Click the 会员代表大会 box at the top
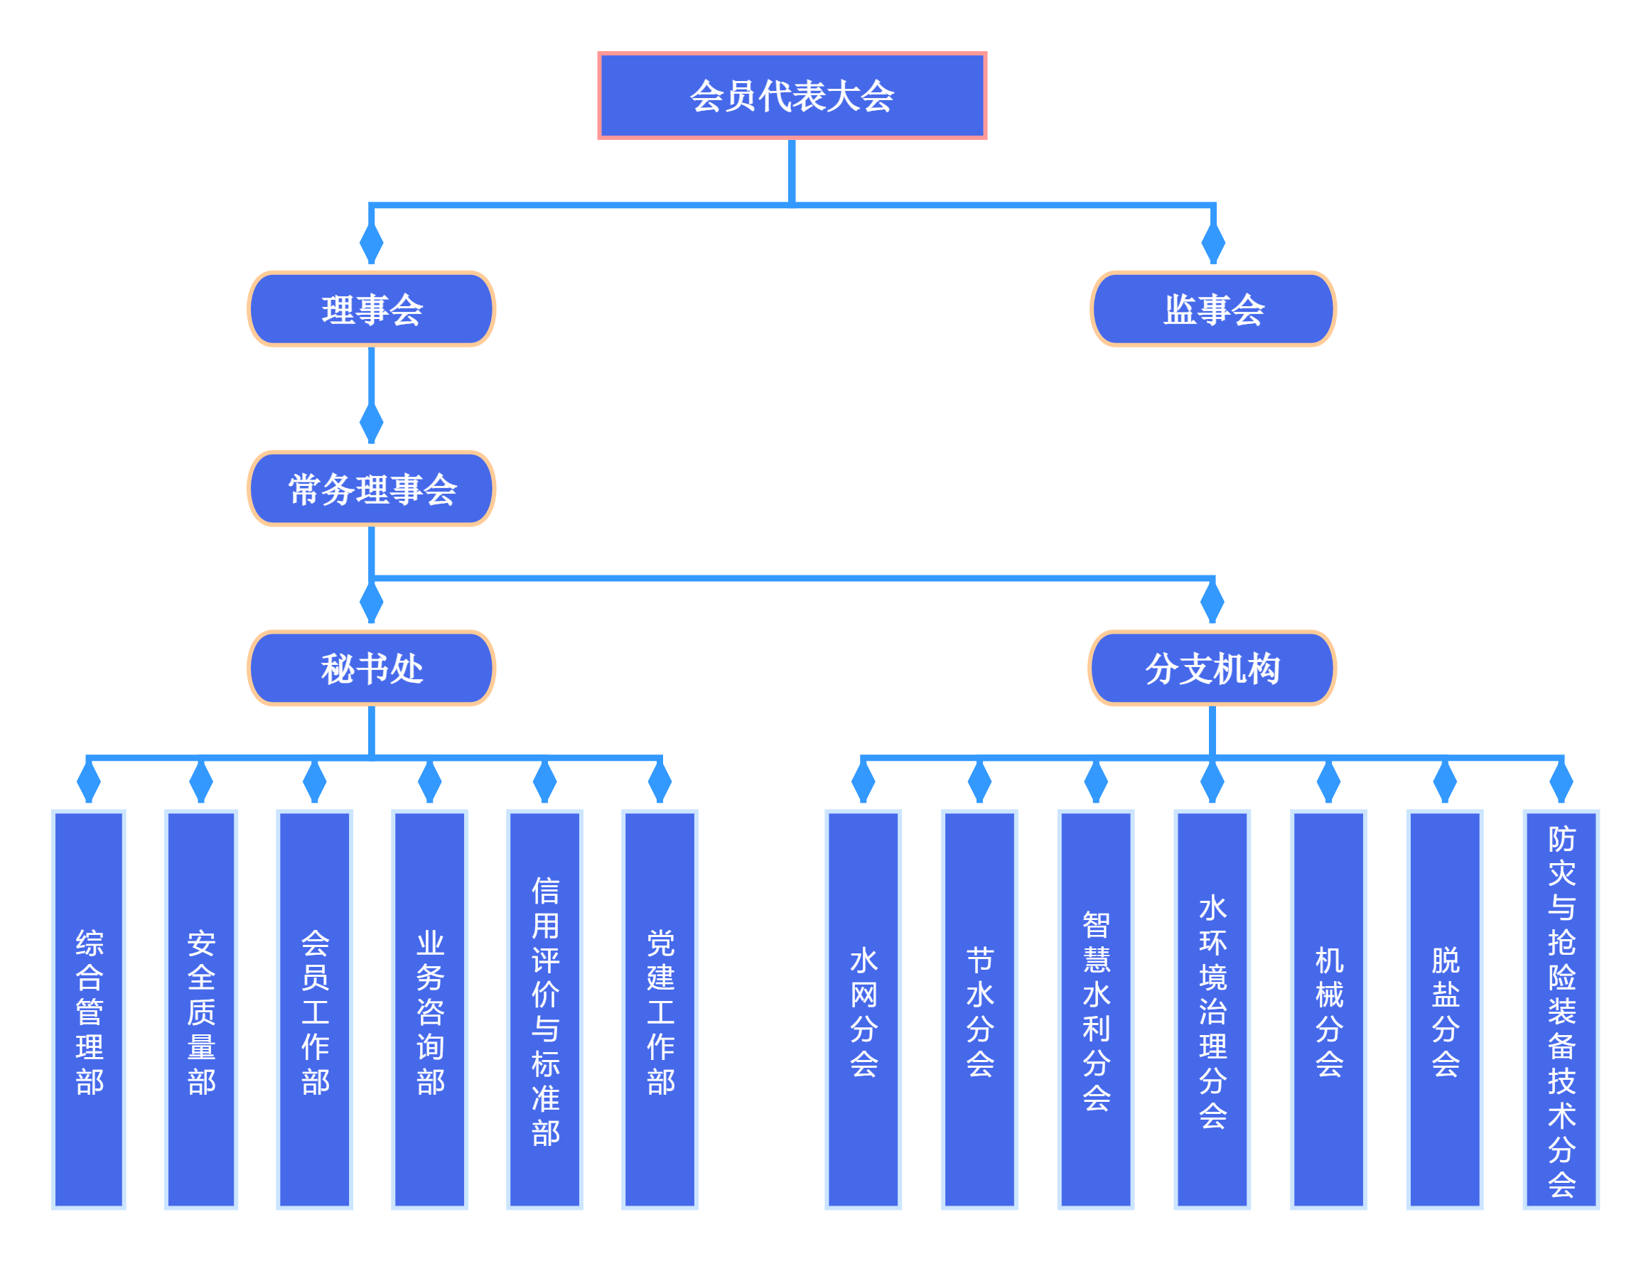(791, 95)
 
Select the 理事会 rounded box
(371, 308)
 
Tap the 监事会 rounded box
(1212, 308)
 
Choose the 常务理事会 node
(371, 488)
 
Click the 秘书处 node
(371, 667)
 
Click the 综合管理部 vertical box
(89, 1010)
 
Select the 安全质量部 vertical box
(201, 1010)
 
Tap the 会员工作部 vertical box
(315, 1010)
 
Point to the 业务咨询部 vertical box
(429, 1010)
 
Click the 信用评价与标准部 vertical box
(544, 1010)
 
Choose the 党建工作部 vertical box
(660, 1010)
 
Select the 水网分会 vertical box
(863, 1010)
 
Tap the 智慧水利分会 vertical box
(1095, 1010)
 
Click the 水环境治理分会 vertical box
(1212, 1010)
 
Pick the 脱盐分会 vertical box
(1444, 1010)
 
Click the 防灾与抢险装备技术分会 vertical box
(1561, 1010)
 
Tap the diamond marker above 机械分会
(1328, 781)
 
